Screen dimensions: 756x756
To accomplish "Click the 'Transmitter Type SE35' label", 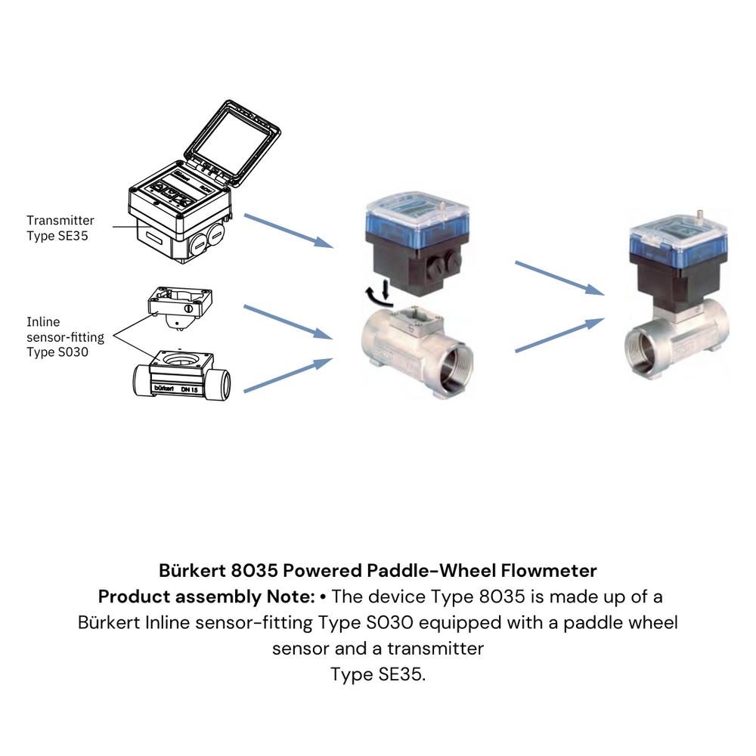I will [60, 227].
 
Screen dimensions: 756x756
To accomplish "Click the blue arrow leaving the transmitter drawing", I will [289, 231].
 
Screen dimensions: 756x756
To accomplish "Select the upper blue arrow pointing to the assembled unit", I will [559, 278].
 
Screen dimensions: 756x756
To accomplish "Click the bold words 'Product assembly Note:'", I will [206, 596].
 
